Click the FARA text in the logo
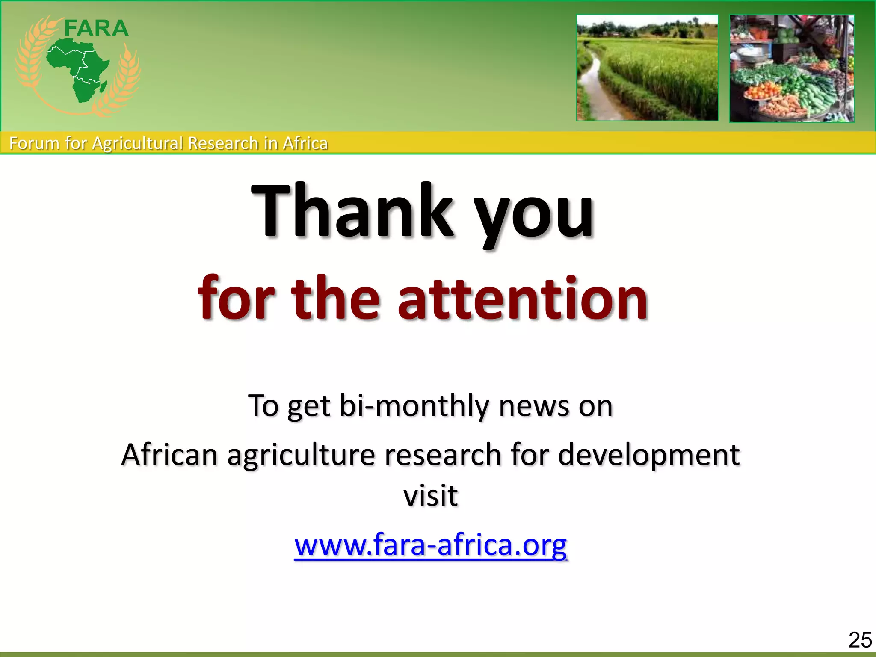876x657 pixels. click(x=96, y=29)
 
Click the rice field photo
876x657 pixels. click(x=647, y=68)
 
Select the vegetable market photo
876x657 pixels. click(x=792, y=68)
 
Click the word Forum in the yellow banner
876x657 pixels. click(x=35, y=143)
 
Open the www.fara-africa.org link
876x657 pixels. click(x=430, y=545)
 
